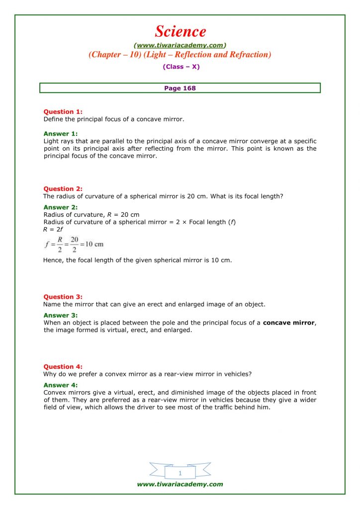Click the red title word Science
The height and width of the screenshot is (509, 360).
[x=180, y=31]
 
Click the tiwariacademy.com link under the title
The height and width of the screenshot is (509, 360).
[x=180, y=45]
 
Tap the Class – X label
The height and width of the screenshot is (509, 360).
[x=180, y=67]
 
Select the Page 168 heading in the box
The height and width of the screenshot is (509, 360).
[x=180, y=88]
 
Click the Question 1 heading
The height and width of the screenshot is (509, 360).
[x=63, y=112]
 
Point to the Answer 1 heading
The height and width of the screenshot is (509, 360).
[x=61, y=134]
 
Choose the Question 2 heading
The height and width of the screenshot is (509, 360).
[x=63, y=189]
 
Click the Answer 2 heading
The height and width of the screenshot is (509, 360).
[x=61, y=207]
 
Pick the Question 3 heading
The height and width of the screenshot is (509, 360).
[x=63, y=297]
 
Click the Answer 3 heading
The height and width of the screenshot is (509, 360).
[x=61, y=315]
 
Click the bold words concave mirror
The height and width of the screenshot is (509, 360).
[x=289, y=323]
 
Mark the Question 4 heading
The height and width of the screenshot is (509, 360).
[x=63, y=367]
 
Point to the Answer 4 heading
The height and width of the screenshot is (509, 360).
[x=61, y=385]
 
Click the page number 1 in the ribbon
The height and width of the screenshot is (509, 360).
[x=180, y=473]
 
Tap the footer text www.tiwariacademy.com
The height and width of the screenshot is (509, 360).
[x=180, y=484]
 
